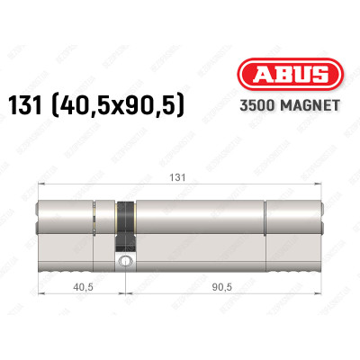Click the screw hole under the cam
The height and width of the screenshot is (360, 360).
coord(124,263)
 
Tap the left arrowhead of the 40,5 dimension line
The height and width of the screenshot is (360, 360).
coord(40,299)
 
